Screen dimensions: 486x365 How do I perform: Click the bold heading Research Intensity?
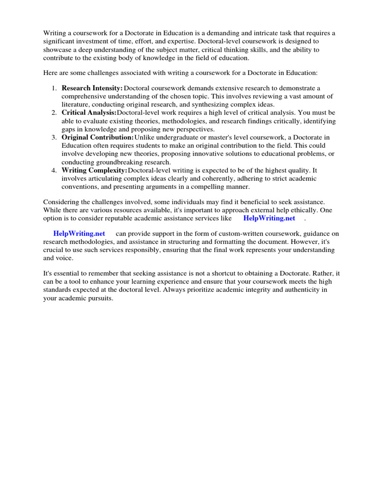pos(92,88)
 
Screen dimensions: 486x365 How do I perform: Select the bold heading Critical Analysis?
pos(89,113)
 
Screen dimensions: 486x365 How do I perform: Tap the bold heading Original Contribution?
pos(97,138)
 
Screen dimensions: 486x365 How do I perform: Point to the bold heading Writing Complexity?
pos(94,170)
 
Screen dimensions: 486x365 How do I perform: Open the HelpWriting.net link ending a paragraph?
pos(269,218)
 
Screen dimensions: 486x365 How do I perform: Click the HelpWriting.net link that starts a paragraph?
pos(79,234)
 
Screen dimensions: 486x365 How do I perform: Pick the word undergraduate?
pos(179,138)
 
